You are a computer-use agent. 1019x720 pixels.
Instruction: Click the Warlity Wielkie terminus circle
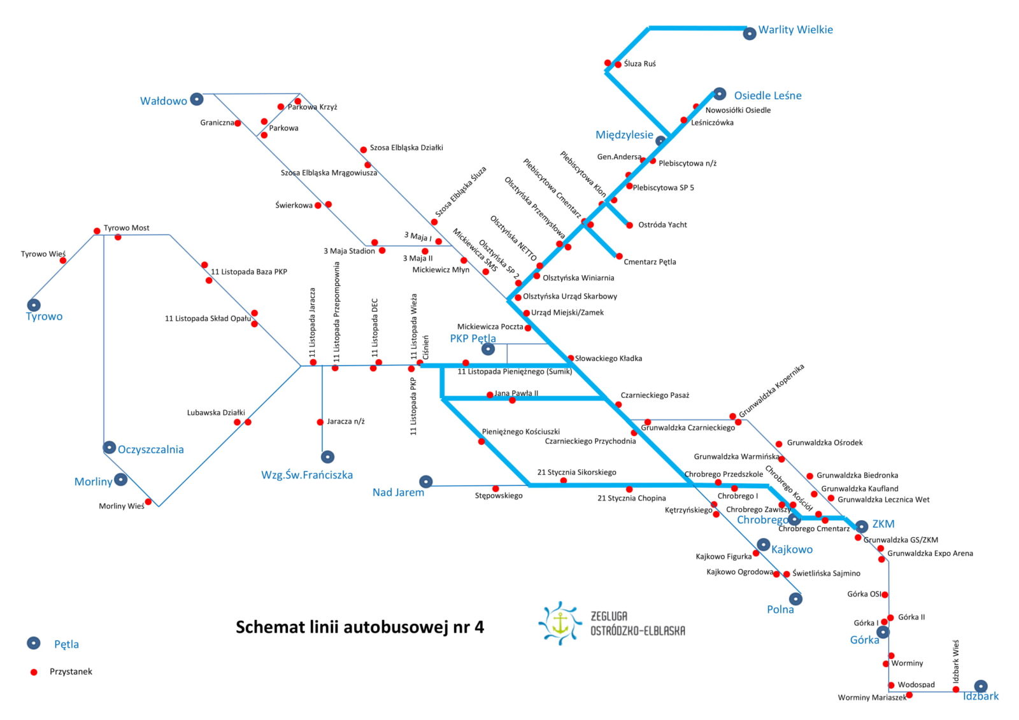tap(750, 34)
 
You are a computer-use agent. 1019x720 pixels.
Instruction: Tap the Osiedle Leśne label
tap(767, 95)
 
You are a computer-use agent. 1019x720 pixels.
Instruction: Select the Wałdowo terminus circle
tap(197, 99)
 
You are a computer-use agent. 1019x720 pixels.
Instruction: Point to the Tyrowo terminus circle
tap(34, 305)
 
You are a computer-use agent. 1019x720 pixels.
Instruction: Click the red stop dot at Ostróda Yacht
tap(630, 225)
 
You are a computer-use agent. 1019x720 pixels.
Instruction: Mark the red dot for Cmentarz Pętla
tap(619, 257)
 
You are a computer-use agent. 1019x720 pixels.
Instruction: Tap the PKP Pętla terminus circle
tap(488, 349)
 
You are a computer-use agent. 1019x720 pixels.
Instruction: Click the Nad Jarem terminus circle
tap(426, 481)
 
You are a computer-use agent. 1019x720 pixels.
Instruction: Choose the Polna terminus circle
tap(795, 599)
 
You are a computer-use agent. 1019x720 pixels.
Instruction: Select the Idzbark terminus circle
tap(981, 686)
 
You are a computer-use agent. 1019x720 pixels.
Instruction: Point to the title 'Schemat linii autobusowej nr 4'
tap(360, 627)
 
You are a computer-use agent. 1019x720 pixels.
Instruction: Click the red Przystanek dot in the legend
tap(34, 672)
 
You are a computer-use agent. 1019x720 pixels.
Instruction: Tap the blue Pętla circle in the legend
tap(34, 643)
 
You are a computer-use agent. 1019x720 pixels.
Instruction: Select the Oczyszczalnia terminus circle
tap(109, 448)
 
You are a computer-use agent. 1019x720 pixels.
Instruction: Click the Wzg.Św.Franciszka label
tap(307, 475)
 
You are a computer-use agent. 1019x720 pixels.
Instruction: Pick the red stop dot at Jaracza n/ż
tap(320, 422)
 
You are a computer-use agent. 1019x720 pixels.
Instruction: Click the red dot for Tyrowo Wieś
tap(63, 260)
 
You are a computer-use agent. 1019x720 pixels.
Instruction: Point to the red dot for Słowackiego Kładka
tap(571, 358)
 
